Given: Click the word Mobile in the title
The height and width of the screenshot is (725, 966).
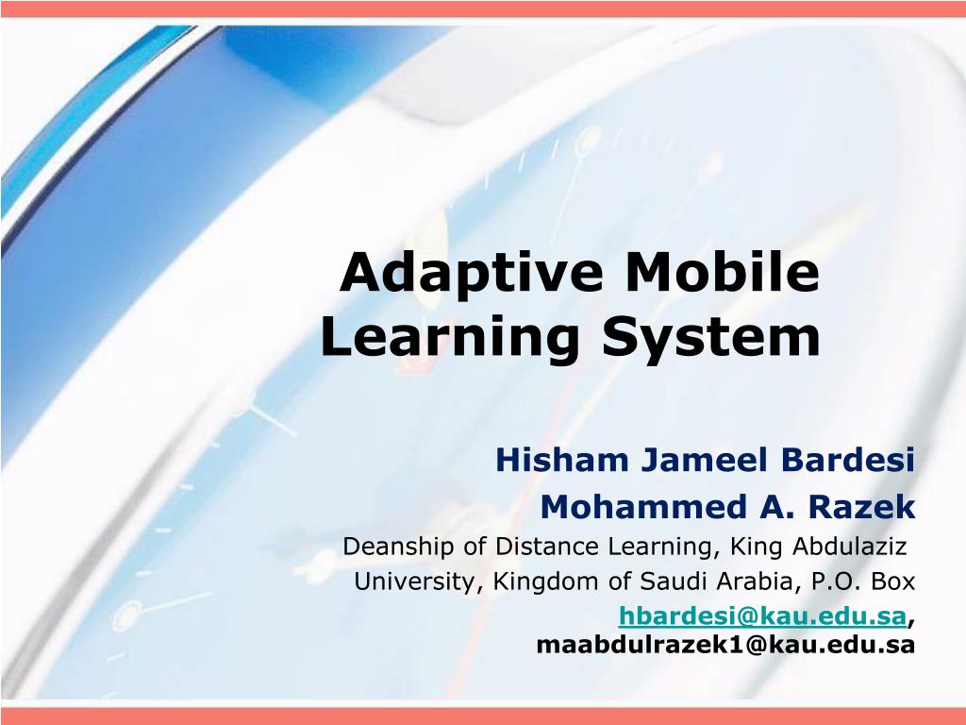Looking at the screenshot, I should (x=723, y=274).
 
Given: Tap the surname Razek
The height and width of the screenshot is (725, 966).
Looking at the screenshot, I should (x=868, y=508).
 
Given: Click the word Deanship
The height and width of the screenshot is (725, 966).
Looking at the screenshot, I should (x=391, y=547).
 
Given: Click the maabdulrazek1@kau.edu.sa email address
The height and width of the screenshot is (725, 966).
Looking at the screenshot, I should (x=725, y=645).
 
